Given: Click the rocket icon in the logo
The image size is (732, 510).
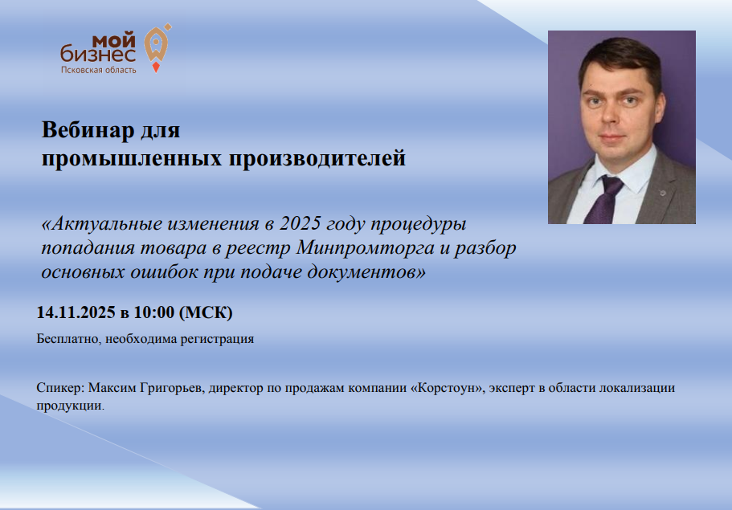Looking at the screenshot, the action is (157, 47).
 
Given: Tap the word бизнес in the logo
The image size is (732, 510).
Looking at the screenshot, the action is (98, 54).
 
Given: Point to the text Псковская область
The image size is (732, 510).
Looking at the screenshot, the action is (99, 70).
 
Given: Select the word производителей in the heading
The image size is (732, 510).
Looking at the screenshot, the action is (317, 159).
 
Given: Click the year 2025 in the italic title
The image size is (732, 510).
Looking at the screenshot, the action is (301, 223).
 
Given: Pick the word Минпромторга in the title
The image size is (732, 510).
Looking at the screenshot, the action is (365, 247).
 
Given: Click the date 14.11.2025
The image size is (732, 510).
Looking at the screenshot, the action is (76, 312).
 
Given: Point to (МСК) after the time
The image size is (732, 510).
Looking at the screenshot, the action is (206, 312).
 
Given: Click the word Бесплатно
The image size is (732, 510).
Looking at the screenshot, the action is (68, 339).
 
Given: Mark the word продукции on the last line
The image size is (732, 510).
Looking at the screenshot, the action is (71, 406).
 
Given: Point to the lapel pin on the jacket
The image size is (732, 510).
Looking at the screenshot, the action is (662, 193).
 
